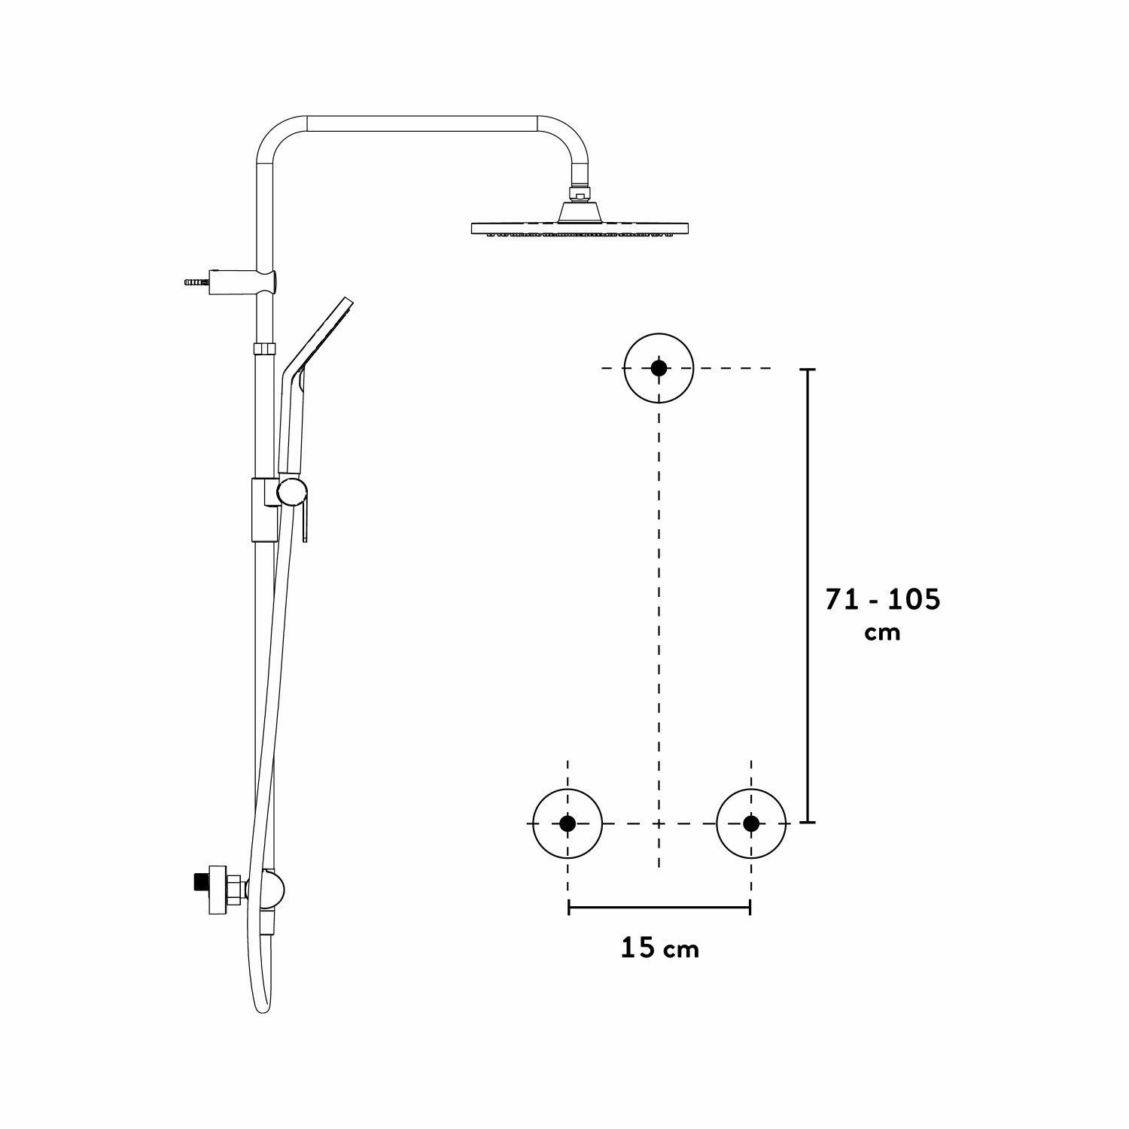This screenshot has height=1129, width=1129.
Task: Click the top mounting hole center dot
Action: (x=659, y=368)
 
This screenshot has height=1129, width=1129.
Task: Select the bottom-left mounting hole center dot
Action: (x=568, y=823)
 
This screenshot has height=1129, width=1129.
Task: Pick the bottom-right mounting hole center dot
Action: (x=751, y=823)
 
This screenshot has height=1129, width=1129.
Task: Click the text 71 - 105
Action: (x=883, y=600)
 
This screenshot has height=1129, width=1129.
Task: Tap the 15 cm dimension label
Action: (x=660, y=948)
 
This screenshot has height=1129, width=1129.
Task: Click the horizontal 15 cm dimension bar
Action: (x=659, y=908)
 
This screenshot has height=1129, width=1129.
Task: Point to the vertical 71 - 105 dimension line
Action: (x=808, y=595)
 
